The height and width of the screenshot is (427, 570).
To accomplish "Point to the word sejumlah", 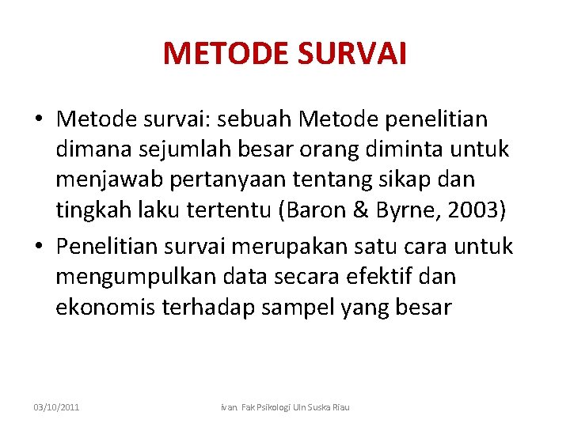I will point(167,149).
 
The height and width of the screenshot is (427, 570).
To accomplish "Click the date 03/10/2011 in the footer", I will point(56,406).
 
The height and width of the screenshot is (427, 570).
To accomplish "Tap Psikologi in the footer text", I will point(272,406).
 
